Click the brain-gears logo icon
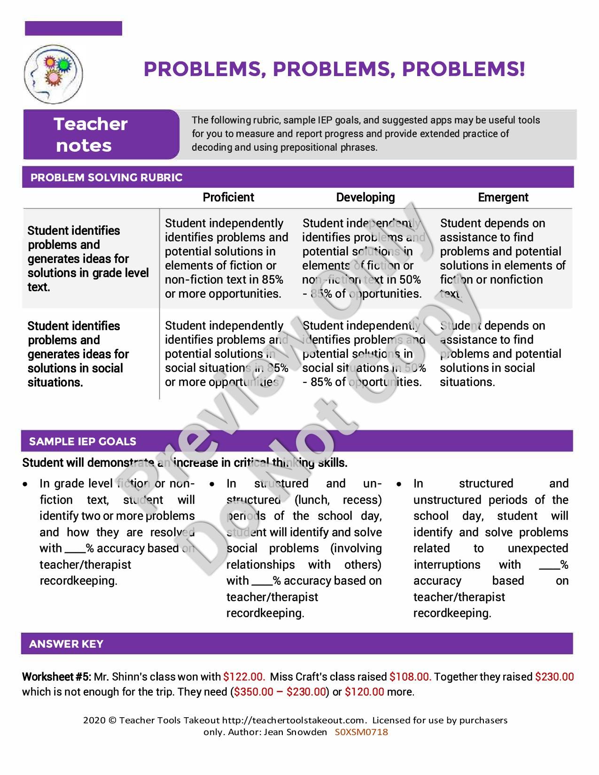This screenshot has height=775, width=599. [53, 74]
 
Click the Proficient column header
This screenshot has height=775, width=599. [228, 197]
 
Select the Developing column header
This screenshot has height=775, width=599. [366, 197]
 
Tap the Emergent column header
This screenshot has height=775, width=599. [503, 197]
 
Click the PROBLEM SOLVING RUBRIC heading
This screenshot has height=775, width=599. [106, 178]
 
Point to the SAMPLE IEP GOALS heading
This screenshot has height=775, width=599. [83, 442]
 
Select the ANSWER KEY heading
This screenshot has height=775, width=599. [66, 644]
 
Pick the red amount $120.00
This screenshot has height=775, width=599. [365, 692]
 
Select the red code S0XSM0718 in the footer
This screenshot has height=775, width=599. [361, 732]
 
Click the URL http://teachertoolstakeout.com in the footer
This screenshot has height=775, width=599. [294, 720]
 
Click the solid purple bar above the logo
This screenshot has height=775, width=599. [73, 28]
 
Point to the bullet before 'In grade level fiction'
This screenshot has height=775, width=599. [25, 484]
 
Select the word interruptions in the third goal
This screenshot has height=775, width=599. [447, 565]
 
